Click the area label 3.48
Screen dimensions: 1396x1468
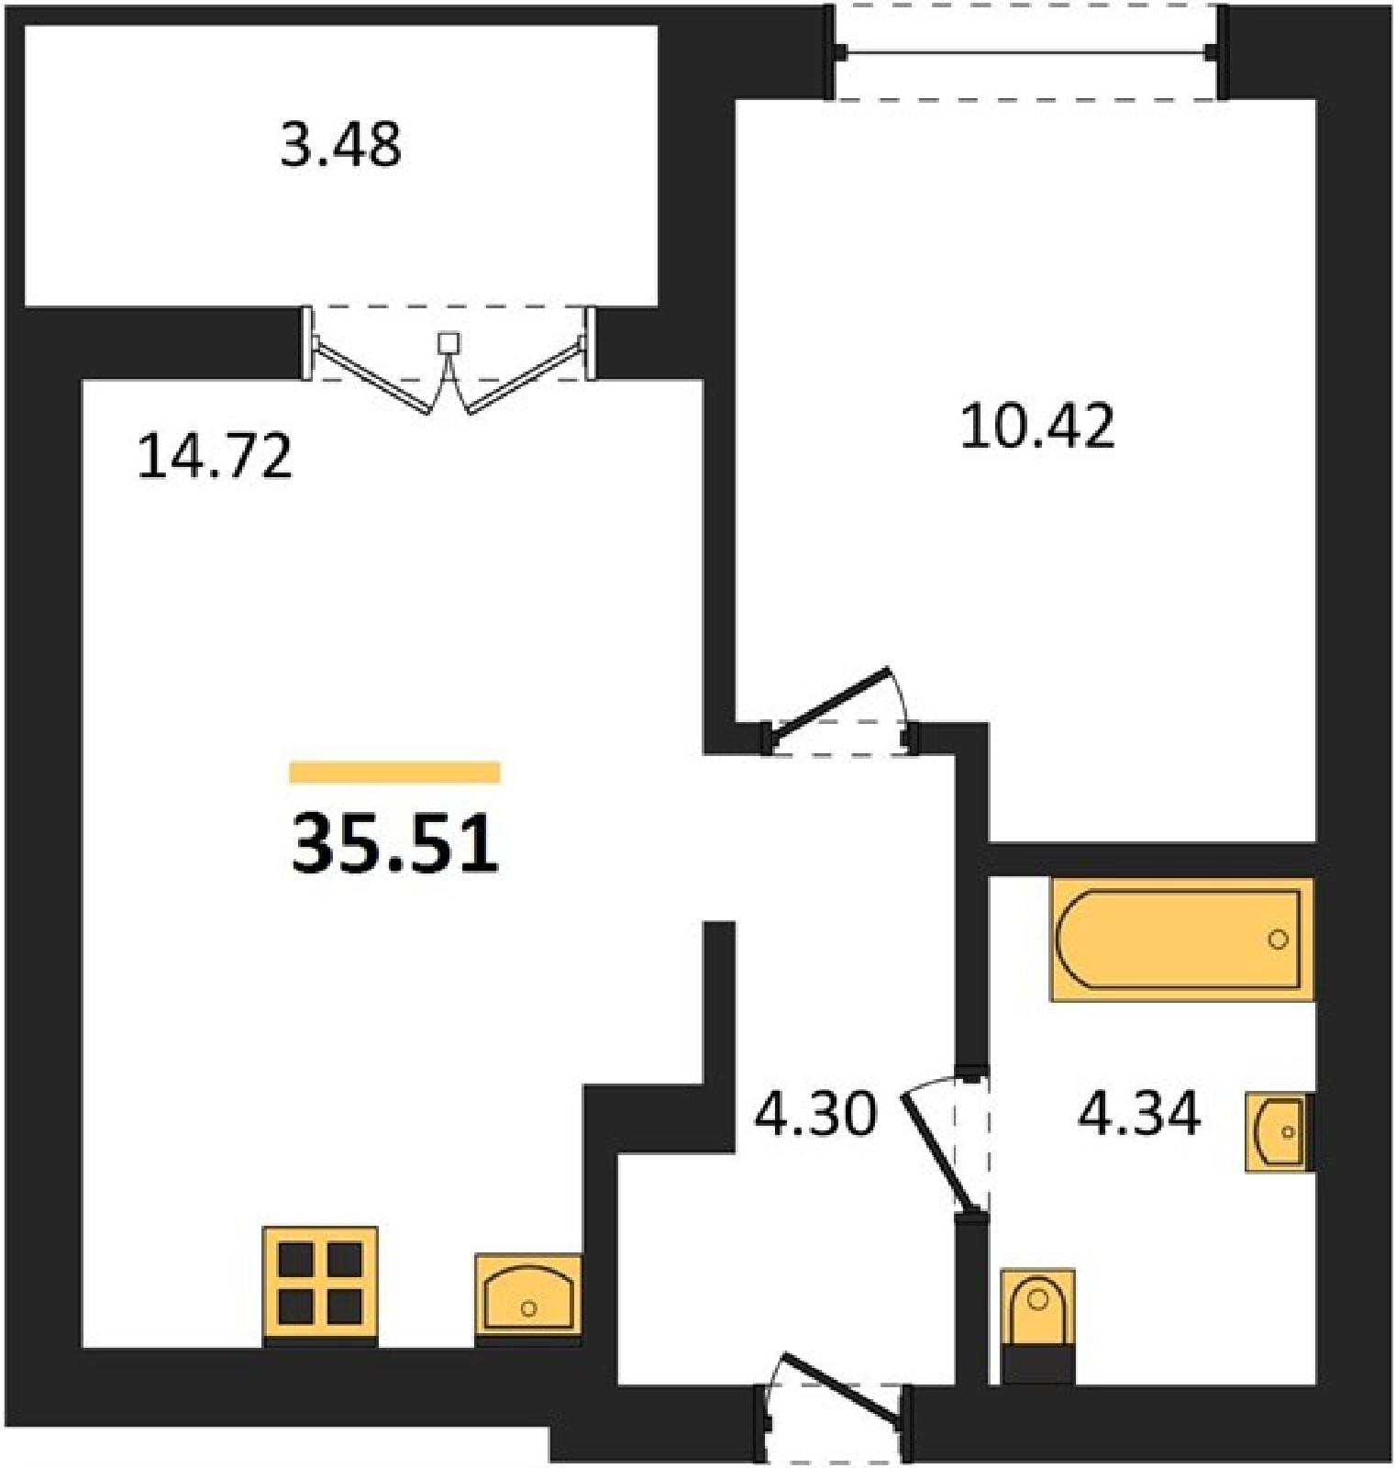pos(340,145)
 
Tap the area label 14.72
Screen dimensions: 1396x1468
pos(215,457)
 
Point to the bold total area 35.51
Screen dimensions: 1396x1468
pos(395,844)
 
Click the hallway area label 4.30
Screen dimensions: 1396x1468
pos(815,1114)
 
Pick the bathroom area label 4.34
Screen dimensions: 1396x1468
pos(1139,1114)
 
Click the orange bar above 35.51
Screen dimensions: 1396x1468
pos(395,773)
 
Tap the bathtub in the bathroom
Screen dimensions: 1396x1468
pos(1181,939)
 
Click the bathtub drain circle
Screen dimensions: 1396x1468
pos(1278,939)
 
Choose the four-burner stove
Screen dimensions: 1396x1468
pos(320,1284)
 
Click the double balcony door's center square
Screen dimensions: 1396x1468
pos(449,343)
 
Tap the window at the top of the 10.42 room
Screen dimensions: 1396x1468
pos(1029,52)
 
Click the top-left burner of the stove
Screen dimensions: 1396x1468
pos(295,1260)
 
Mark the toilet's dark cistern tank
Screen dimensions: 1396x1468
pos(1038,1363)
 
